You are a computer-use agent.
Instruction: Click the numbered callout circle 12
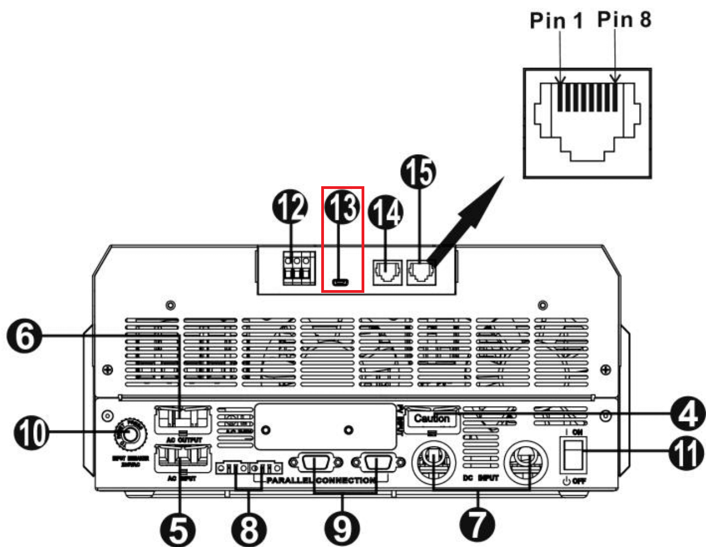291,207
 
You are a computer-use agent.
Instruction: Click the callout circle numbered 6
24,336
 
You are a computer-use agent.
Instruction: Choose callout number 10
30,433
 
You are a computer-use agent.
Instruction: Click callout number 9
342,528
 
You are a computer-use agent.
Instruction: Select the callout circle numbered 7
477,524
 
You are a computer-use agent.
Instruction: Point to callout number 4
687,414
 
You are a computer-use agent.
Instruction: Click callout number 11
686,454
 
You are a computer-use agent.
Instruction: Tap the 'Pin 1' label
556,20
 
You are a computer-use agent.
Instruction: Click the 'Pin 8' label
624,19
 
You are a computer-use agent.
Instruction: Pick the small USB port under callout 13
340,283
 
